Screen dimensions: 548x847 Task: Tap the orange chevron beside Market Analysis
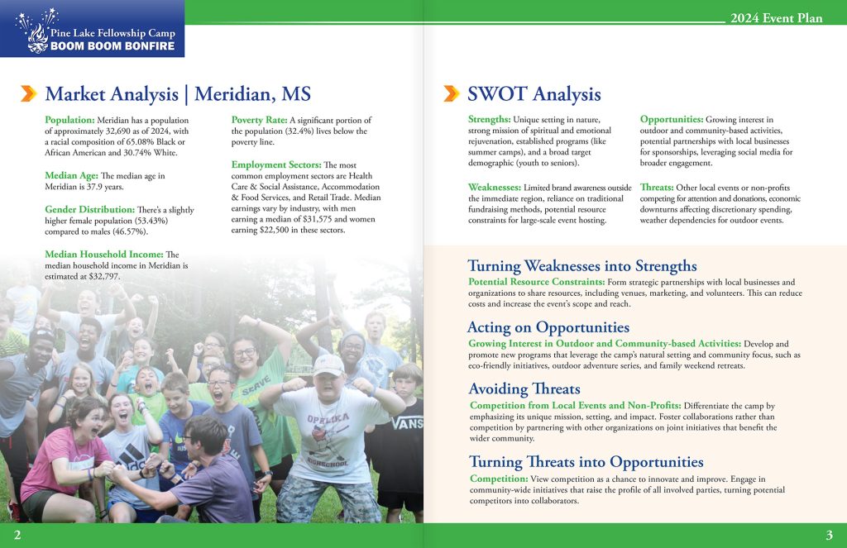click(x=29, y=93)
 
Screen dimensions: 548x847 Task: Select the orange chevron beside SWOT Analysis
click(x=452, y=93)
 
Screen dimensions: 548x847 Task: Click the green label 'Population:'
click(x=70, y=121)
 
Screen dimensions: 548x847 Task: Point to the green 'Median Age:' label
click(x=71, y=175)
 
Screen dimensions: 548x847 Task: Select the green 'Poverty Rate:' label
click(x=259, y=121)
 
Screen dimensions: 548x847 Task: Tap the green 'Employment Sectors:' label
click(x=276, y=165)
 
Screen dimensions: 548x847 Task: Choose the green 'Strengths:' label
click(x=489, y=120)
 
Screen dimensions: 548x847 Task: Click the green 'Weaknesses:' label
click(x=495, y=188)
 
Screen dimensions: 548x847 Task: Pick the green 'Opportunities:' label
click(x=672, y=120)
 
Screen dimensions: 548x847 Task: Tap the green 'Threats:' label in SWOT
click(x=657, y=188)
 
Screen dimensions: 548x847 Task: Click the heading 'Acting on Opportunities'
click(x=548, y=327)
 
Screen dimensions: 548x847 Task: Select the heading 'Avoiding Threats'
click(x=524, y=388)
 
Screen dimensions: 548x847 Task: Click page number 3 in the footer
click(x=829, y=535)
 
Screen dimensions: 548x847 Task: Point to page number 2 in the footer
click(x=17, y=535)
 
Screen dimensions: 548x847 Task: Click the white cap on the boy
click(x=328, y=364)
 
